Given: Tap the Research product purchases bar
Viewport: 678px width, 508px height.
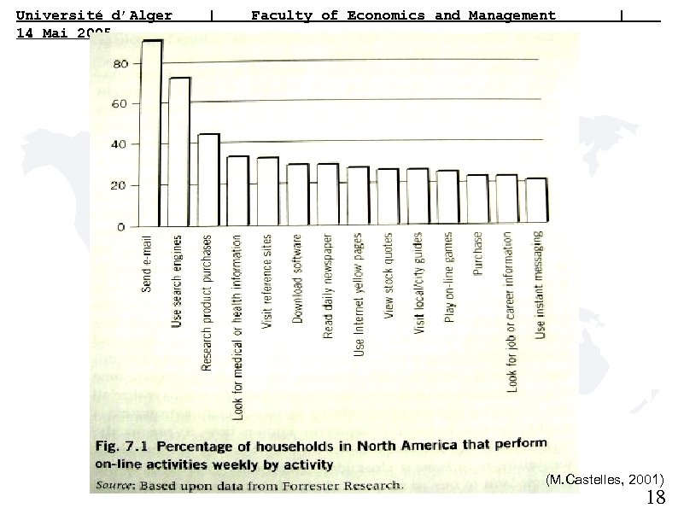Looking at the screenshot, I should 207,180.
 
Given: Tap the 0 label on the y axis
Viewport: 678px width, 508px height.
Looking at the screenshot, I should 122,226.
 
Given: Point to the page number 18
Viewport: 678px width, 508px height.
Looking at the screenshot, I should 656,498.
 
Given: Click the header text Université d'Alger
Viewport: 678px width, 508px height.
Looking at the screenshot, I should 94,15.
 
